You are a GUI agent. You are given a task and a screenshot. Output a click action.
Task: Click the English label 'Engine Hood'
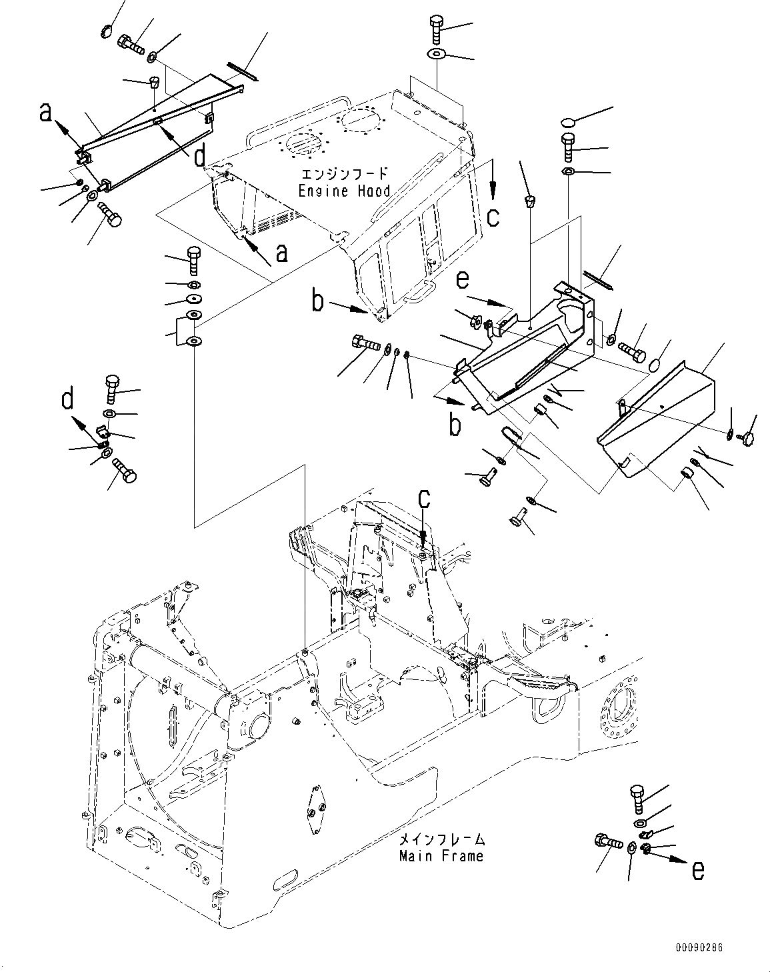[343, 191]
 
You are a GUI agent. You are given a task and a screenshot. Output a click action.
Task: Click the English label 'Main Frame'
[441, 855]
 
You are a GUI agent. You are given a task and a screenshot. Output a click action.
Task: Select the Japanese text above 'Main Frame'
[441, 840]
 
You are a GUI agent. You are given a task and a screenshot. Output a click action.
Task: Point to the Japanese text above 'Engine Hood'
[344, 175]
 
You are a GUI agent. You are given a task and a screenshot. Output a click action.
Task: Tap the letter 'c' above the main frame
[424, 498]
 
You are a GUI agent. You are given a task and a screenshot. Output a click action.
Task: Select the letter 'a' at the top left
[45, 113]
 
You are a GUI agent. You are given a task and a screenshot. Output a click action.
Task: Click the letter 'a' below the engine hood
[281, 253]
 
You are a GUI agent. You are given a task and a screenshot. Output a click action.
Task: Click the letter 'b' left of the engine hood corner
[318, 302]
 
